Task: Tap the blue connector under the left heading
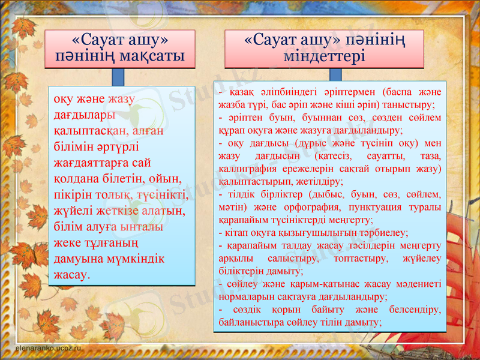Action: tap(118, 76)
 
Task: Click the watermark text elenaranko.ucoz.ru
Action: tap(46, 347)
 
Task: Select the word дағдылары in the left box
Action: tap(82, 114)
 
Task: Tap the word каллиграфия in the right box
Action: tap(245, 169)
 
